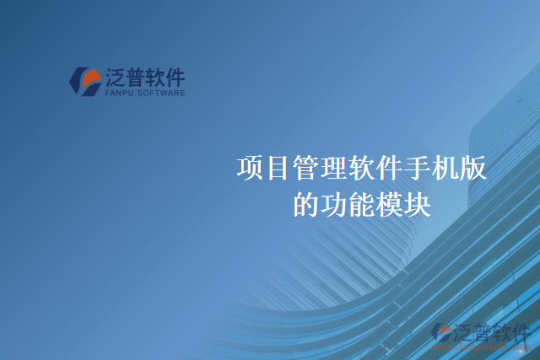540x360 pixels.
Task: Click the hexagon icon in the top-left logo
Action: [x=84, y=81]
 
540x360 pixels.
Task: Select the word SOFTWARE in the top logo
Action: [x=162, y=95]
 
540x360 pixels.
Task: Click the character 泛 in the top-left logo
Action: [x=116, y=78]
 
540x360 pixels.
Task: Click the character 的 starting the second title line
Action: [x=306, y=205]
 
